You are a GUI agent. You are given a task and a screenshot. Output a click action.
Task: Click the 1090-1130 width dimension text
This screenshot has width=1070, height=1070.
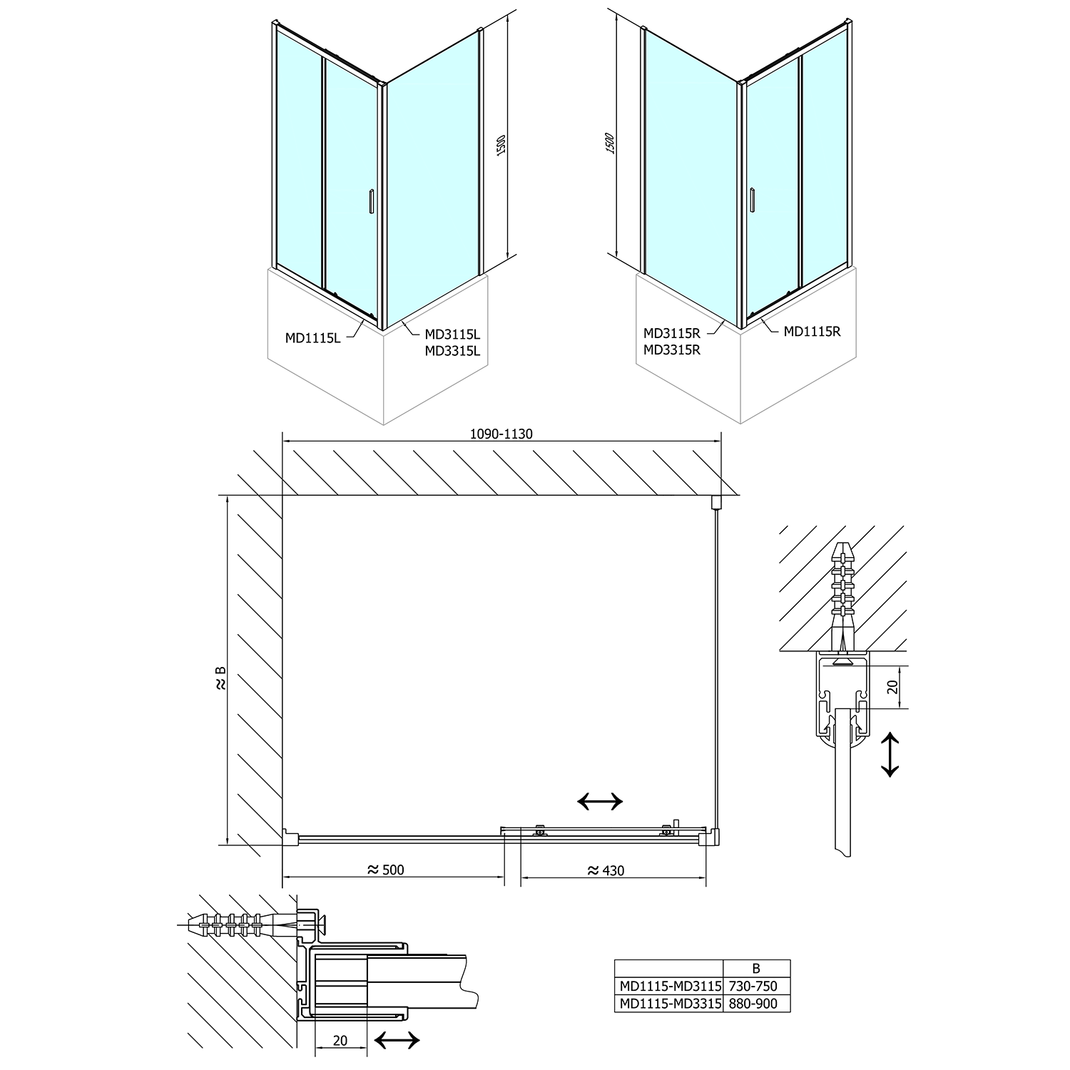pyautogui.click(x=501, y=434)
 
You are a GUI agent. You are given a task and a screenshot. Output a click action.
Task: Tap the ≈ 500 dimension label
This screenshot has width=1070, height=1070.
pyautogui.click(x=385, y=870)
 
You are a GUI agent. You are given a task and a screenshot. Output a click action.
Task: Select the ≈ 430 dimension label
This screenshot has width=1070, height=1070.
pyautogui.click(x=606, y=870)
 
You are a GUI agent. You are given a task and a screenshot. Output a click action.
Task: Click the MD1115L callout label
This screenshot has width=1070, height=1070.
pyautogui.click(x=312, y=339)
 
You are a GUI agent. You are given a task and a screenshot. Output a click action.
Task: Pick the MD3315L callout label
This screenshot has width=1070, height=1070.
pyautogui.click(x=453, y=350)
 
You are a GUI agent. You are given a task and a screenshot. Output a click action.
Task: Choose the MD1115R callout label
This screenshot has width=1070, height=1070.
pyautogui.click(x=812, y=332)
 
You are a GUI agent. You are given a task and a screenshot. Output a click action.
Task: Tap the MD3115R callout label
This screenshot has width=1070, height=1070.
pyautogui.click(x=671, y=333)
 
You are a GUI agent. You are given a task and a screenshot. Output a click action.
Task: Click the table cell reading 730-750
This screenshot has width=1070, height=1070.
pyautogui.click(x=756, y=987)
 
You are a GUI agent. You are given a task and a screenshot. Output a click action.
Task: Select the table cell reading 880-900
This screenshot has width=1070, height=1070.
pyautogui.click(x=756, y=1004)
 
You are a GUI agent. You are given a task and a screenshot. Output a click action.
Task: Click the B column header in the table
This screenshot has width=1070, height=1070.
pyautogui.click(x=756, y=969)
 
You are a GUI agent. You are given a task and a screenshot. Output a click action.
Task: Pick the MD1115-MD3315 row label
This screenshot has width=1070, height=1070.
pyautogui.click(x=669, y=1004)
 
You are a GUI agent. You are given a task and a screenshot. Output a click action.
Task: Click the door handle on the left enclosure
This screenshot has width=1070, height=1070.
pyautogui.click(x=370, y=202)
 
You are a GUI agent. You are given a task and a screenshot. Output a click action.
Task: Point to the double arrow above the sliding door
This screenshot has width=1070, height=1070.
pyautogui.click(x=599, y=802)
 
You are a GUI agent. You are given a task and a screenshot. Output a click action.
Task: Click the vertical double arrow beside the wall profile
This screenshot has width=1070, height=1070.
pyautogui.click(x=890, y=754)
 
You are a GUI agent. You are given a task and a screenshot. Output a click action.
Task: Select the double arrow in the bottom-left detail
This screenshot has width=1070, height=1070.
pyautogui.click(x=397, y=1041)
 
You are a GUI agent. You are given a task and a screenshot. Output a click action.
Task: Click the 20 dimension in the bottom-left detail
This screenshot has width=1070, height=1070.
pyautogui.click(x=340, y=1041)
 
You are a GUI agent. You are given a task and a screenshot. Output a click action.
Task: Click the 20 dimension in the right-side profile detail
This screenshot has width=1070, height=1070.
pyautogui.click(x=891, y=687)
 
